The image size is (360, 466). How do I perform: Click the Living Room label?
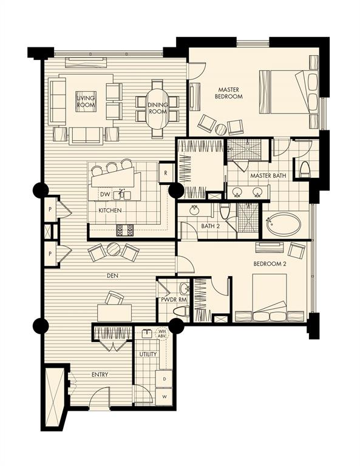tap(86, 101)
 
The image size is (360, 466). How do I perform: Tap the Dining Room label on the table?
tap(157, 109)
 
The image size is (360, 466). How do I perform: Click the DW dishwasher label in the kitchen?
tap(105, 194)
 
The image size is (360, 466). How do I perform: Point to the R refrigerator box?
tap(165, 172)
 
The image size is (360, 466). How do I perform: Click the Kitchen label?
tap(110, 211)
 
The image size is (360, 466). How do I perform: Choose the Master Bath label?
tap(267, 176)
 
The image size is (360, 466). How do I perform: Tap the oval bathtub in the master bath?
tap(284, 224)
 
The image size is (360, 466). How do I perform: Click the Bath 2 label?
tap(210, 227)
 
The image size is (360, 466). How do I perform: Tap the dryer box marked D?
tap(163, 379)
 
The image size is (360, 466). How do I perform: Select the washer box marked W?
tap(163, 397)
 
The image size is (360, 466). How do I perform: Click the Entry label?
tap(100, 374)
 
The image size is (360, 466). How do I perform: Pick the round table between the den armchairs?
tap(114, 249)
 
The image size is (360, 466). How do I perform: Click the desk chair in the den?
tap(114, 297)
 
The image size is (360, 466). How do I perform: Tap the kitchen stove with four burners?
tap(124, 229)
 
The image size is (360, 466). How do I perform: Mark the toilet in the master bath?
tap(305, 169)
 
